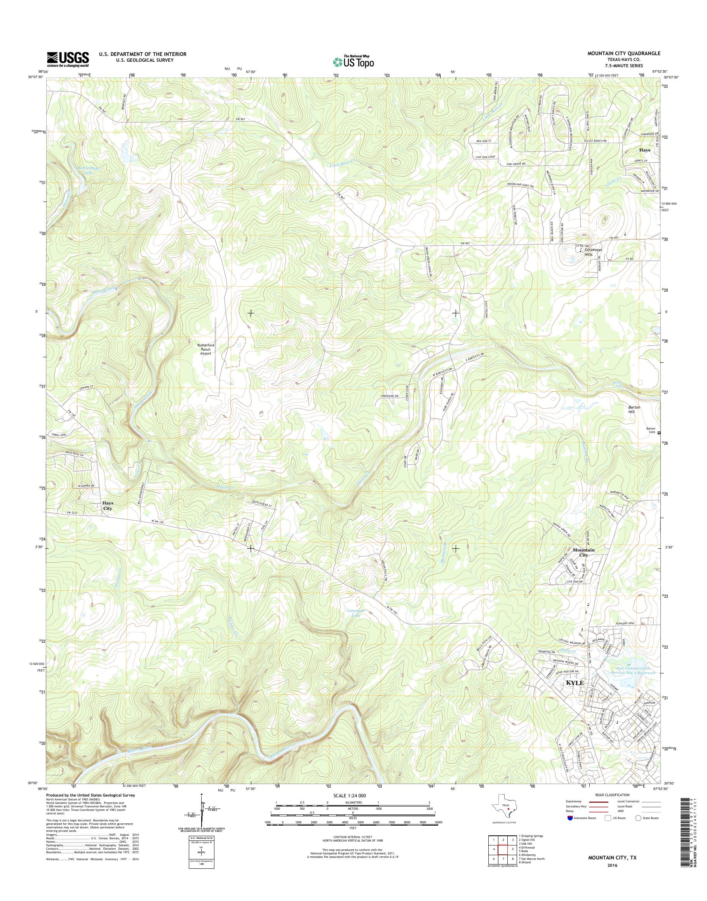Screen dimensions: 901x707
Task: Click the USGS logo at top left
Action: point(68,59)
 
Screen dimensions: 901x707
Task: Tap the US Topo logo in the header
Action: point(353,62)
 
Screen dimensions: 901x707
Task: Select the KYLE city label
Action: point(575,683)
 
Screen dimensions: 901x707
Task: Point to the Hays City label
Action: point(108,505)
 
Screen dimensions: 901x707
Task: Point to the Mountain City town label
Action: point(583,552)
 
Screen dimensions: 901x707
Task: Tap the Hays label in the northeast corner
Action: point(644,150)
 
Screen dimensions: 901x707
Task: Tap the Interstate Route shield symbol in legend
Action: point(570,818)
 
